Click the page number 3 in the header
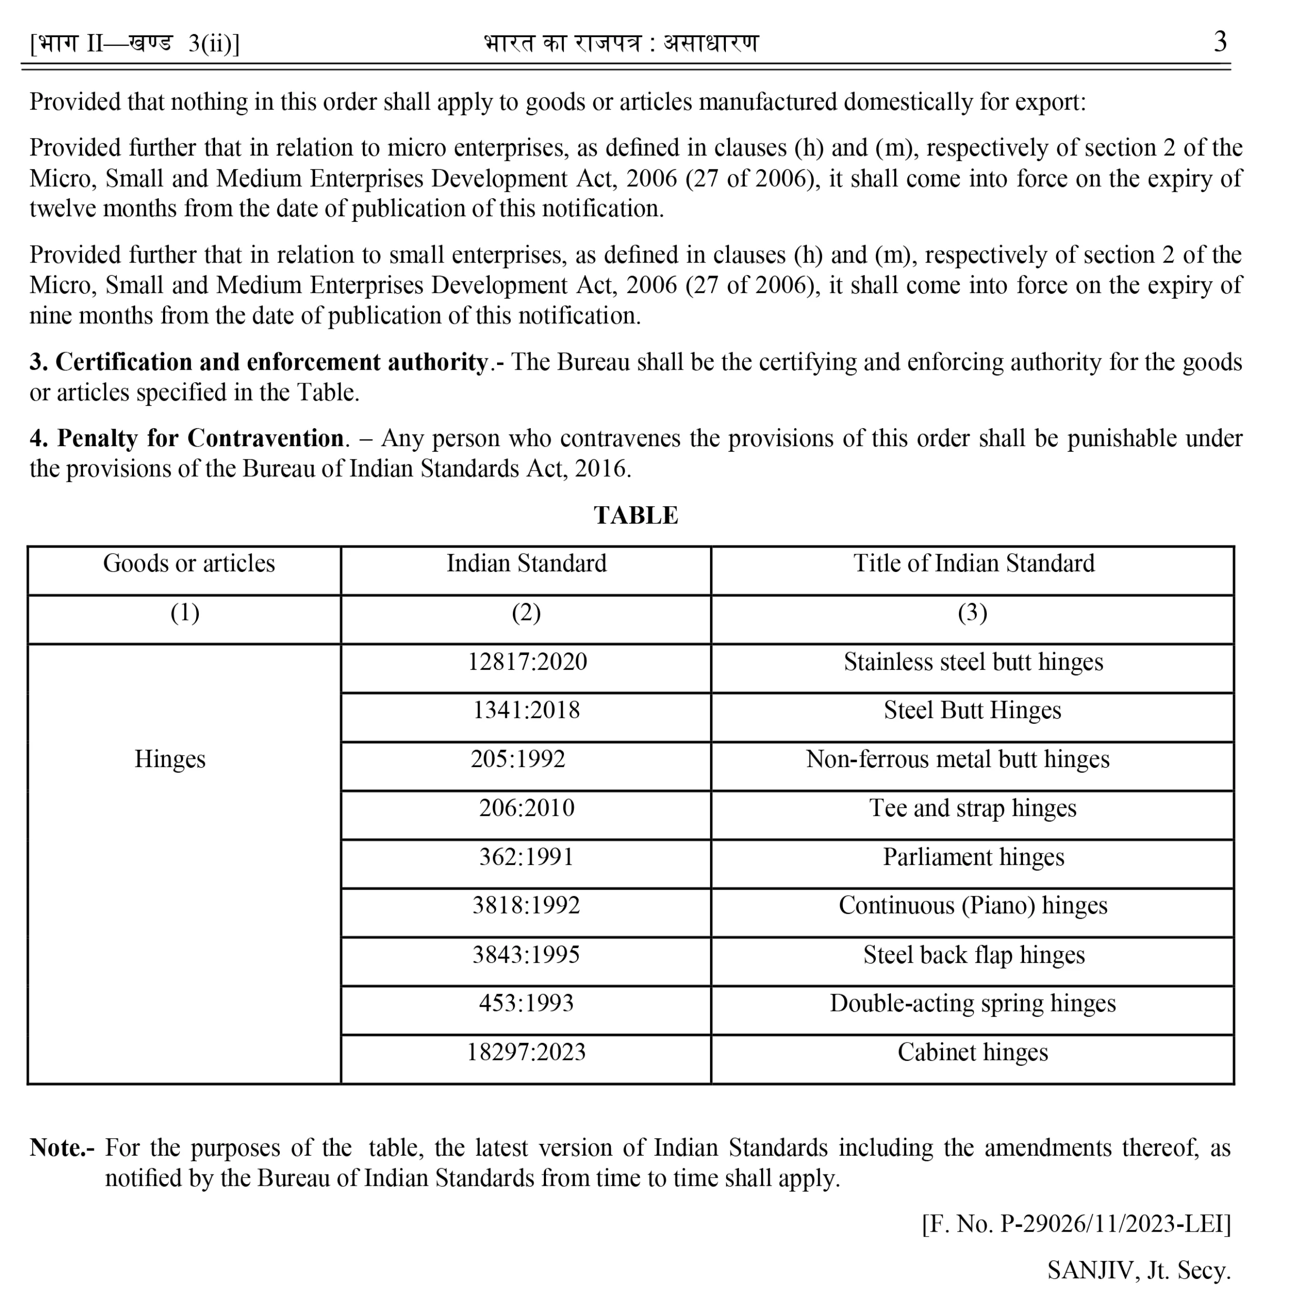tap(1220, 42)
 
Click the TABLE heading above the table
tap(636, 515)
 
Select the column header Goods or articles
tap(189, 563)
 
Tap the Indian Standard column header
tap(526, 563)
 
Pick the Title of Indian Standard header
tap(973, 563)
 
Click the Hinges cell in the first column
tap(170, 759)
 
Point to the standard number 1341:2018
tap(526, 710)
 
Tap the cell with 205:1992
tap(518, 759)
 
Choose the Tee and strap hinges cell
tap(973, 808)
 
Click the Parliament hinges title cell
tap(973, 856)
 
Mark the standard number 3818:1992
tap(526, 905)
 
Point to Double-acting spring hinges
tap(973, 1003)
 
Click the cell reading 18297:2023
tap(526, 1052)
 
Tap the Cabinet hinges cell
tap(973, 1052)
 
